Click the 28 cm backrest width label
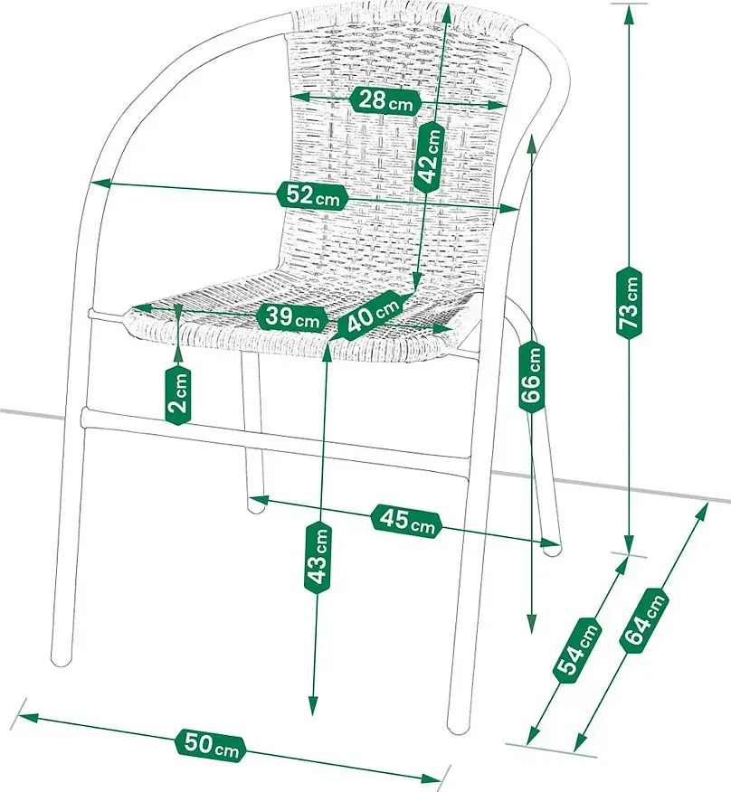pos(385,101)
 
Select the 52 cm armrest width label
pos(312,195)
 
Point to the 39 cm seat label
pos(293,317)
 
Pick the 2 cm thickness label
pos(178,394)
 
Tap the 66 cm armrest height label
pos(532,377)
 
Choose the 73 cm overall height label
pos(630,302)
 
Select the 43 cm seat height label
pos(318,557)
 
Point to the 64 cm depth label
pos(644,620)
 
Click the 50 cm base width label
pos(210,746)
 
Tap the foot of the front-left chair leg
pos(62,660)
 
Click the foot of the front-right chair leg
pos(459,726)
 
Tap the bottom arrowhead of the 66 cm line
pos(531,624)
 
